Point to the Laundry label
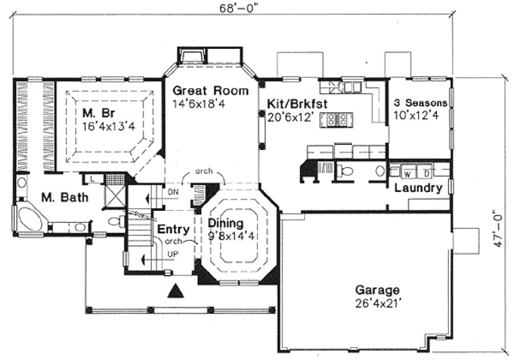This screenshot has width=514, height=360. pos(418,189)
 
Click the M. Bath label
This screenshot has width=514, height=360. pos(58,198)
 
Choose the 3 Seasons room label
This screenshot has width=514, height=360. pos(421,102)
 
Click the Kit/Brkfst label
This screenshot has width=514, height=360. pos(292,104)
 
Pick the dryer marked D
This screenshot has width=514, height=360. pos(427,173)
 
